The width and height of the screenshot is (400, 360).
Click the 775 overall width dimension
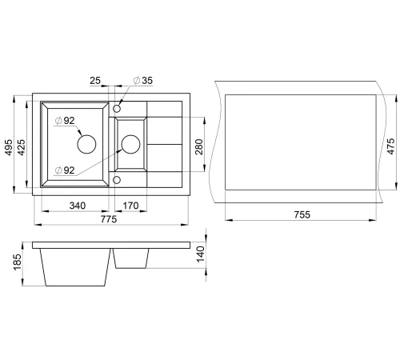coord(109,219)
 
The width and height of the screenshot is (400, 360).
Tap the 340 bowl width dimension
coord(78,206)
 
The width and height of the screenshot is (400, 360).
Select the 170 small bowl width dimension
coord(130,206)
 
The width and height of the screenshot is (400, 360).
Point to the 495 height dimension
coord(9,147)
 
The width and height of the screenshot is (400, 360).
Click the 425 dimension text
coord(21,147)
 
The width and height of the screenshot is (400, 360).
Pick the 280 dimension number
coord(199,146)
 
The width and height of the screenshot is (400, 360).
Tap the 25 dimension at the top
coord(95,80)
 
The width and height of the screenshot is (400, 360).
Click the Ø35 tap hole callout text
coord(143,80)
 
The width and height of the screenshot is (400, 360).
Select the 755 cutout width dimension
coord(302,214)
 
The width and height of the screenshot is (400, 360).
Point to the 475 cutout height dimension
coord(390,146)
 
